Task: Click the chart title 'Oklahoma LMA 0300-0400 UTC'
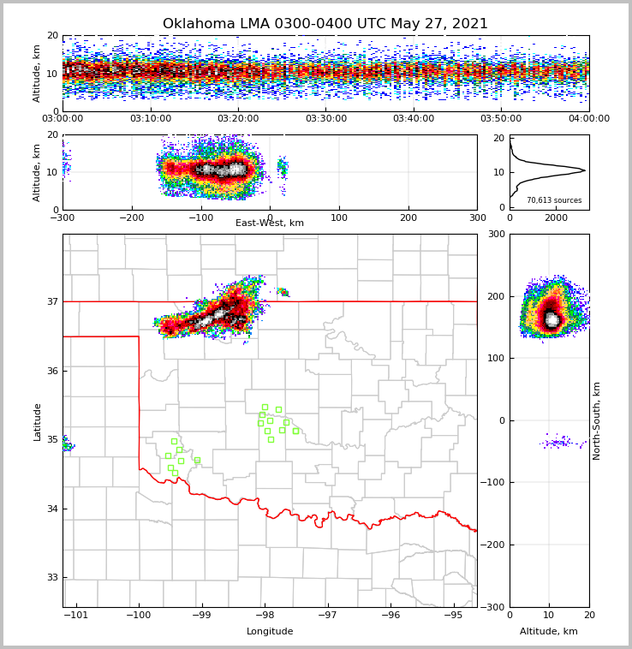[x=325, y=24]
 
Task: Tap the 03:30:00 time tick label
[x=325, y=119]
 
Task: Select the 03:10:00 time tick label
[x=150, y=119]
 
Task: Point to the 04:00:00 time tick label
[x=588, y=119]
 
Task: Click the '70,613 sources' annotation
[x=554, y=200]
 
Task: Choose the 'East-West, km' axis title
[x=270, y=223]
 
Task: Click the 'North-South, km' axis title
[x=597, y=420]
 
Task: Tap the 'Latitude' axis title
[x=38, y=421]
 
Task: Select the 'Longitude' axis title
[x=270, y=632]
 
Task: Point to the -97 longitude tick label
[x=328, y=615]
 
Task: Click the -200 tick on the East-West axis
[x=131, y=217]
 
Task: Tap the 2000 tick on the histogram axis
[x=556, y=217]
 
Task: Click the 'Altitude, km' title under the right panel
[x=549, y=632]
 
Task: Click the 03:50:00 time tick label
[x=501, y=119]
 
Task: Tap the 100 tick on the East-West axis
[x=339, y=217]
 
